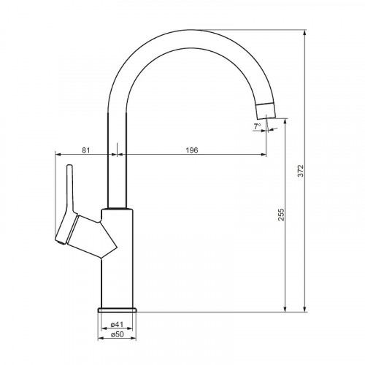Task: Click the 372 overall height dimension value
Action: (x=301, y=171)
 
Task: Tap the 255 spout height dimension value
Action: (x=281, y=215)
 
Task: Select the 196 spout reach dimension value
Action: (x=192, y=150)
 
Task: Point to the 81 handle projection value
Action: (x=85, y=150)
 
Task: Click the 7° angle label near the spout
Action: (x=257, y=126)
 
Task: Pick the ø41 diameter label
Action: (x=117, y=324)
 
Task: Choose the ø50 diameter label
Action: (x=117, y=334)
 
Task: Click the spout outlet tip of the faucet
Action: (x=266, y=118)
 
